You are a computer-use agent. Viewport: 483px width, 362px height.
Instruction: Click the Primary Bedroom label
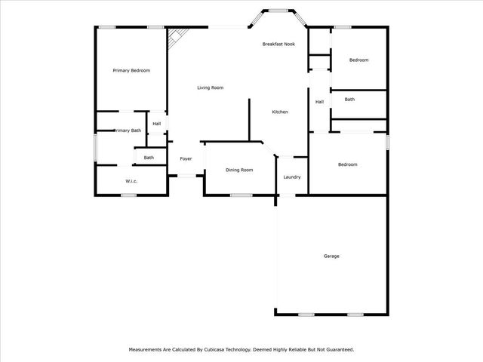(131, 70)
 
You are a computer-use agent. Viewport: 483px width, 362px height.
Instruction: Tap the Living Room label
(211, 87)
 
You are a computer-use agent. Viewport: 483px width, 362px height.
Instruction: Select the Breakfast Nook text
(278, 44)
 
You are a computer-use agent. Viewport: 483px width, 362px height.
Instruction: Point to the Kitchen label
(280, 112)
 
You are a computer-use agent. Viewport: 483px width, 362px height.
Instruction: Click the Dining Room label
(239, 170)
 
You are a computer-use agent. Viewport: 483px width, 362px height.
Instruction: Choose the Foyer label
(186, 159)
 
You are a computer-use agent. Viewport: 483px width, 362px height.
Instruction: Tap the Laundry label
(292, 177)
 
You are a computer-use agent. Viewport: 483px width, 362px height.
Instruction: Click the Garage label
(331, 256)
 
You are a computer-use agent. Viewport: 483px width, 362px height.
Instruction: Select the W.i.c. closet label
(131, 181)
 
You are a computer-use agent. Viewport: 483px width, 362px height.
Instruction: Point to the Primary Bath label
(128, 130)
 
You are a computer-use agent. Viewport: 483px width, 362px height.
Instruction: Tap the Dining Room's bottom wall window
(241, 195)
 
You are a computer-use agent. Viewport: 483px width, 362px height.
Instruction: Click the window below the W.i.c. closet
(129, 195)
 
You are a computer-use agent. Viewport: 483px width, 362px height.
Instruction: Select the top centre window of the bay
(278, 11)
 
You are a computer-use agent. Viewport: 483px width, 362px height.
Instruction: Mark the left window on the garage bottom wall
(306, 314)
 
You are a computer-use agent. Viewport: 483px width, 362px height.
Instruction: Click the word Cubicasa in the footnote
(214, 350)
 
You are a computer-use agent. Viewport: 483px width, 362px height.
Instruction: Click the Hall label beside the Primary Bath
(157, 124)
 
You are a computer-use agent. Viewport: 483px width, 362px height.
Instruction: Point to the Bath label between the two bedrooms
(349, 99)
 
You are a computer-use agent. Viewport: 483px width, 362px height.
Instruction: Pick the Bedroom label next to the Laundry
(348, 164)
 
